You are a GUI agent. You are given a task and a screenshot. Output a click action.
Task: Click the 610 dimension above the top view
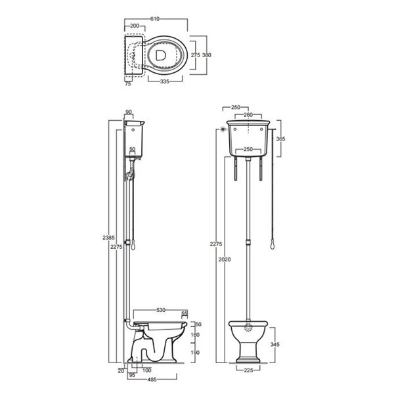pos(155,19)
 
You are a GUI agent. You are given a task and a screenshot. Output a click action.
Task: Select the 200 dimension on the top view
pos(135,26)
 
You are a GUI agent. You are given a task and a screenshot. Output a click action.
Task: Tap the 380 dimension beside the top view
pos(207,55)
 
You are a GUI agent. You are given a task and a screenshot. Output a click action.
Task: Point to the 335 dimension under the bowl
pos(165,81)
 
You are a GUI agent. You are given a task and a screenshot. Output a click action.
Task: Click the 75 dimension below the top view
pos(128,84)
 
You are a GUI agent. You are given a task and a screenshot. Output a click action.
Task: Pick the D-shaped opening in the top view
pos(160,55)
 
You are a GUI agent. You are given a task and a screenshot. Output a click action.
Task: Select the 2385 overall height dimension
pos(108,238)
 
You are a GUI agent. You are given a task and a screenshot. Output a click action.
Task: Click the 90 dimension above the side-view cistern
pos(129,112)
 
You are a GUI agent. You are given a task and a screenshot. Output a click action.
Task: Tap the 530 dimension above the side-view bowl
pos(161,310)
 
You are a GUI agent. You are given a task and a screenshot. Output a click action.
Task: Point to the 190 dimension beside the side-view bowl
pos(195,353)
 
